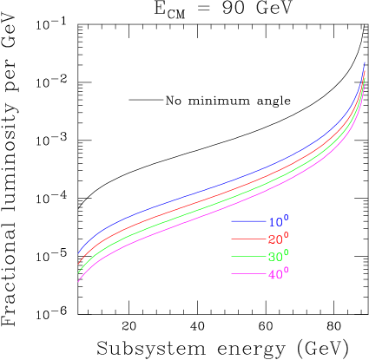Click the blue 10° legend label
pos(277,222)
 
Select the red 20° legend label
pos(277,239)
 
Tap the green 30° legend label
pos(277,257)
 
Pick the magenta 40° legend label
pos(277,274)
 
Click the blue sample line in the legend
pos(248,222)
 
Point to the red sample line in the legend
pos(248,239)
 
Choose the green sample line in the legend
pos(248,257)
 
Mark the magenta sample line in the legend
pos(248,274)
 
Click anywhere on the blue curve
pos(217,183)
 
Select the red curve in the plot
pos(217,192)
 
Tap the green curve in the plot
pos(217,201)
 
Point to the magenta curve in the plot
pos(217,211)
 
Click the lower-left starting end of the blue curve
pos(79,252)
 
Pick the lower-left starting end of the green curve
pos(79,272)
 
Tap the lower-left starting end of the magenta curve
pos(79,281)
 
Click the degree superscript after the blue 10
pos(286,219)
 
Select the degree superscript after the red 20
pos(286,236)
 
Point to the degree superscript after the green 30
pos(286,253)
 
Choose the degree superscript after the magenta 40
pos(286,271)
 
